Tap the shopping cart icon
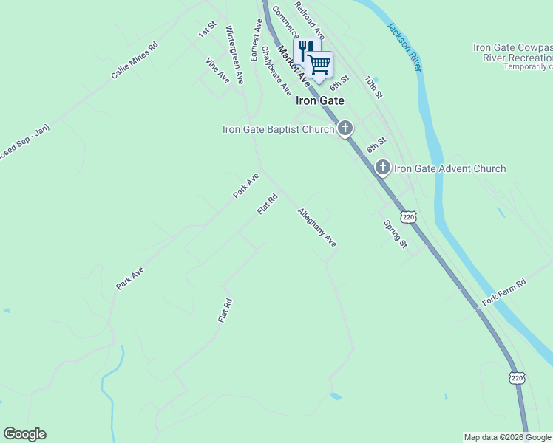(x=319, y=64)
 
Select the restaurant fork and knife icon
(x=305, y=51)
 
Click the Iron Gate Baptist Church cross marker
(x=345, y=129)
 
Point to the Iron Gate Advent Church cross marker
(x=382, y=168)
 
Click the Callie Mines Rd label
(x=135, y=61)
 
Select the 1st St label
(x=206, y=30)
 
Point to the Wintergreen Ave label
(x=234, y=55)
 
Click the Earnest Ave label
(x=257, y=40)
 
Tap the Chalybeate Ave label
(x=276, y=73)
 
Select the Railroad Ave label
(x=309, y=19)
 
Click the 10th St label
(x=374, y=88)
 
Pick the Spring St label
(x=395, y=233)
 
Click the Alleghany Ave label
(x=317, y=227)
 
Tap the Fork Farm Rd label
(x=503, y=292)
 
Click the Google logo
(x=24, y=434)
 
